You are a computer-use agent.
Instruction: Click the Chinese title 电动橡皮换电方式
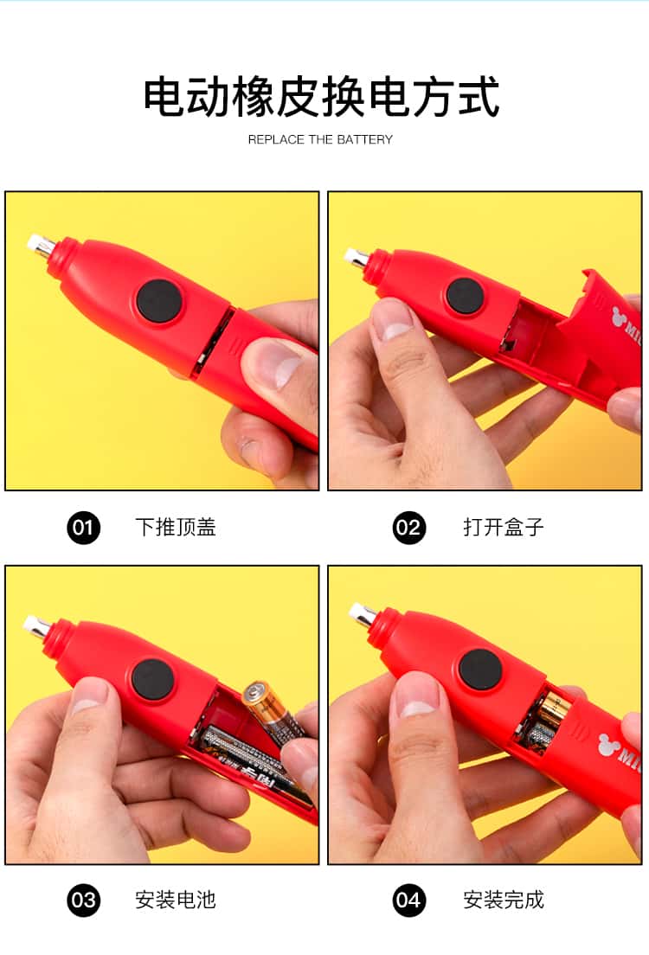[322, 97]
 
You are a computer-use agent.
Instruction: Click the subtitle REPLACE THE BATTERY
[320, 139]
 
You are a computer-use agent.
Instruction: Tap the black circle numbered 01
[83, 528]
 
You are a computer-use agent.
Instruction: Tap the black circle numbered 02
[409, 528]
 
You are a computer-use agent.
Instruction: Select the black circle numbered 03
[83, 901]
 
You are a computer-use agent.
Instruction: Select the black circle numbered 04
[409, 901]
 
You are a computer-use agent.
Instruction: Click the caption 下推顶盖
[176, 527]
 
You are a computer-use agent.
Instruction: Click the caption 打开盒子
[504, 527]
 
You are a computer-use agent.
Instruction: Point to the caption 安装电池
[176, 900]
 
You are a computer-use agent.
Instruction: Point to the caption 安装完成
[504, 900]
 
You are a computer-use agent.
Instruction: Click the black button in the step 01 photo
[159, 303]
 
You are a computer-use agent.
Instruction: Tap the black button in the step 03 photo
[152, 681]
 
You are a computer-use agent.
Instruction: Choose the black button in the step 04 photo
[480, 670]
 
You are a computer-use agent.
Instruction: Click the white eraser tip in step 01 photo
[36, 241]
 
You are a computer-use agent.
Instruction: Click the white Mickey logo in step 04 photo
[609, 744]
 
